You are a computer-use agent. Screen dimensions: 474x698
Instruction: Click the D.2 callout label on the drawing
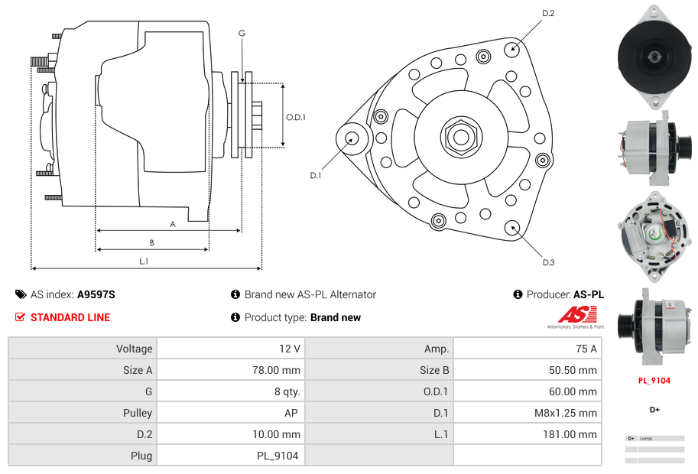(548, 13)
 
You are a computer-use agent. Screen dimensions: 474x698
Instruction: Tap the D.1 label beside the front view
(315, 175)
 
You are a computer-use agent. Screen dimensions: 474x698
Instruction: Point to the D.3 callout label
(548, 262)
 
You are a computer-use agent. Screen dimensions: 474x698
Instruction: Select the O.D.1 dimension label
(296, 117)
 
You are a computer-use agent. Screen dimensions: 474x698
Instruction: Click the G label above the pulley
(242, 33)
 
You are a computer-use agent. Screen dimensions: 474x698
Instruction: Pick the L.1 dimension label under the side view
(143, 261)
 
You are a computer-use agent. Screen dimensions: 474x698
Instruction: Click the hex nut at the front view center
(460, 137)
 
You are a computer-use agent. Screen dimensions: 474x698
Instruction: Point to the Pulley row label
(138, 413)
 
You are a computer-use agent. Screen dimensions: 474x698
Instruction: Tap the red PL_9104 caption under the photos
(654, 380)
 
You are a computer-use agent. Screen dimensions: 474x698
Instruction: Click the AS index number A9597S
(96, 294)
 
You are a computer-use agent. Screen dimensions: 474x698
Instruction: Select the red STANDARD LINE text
(70, 317)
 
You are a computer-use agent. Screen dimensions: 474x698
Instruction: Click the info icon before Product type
(235, 317)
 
